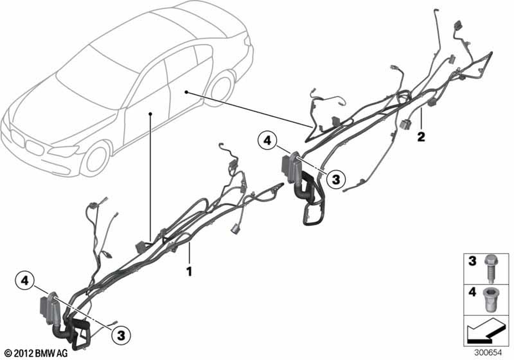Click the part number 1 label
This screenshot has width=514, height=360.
click(x=189, y=270)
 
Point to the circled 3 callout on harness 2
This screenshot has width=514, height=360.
click(x=336, y=179)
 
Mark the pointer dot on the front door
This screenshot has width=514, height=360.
click(x=150, y=113)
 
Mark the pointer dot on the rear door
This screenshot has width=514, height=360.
click(x=186, y=92)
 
